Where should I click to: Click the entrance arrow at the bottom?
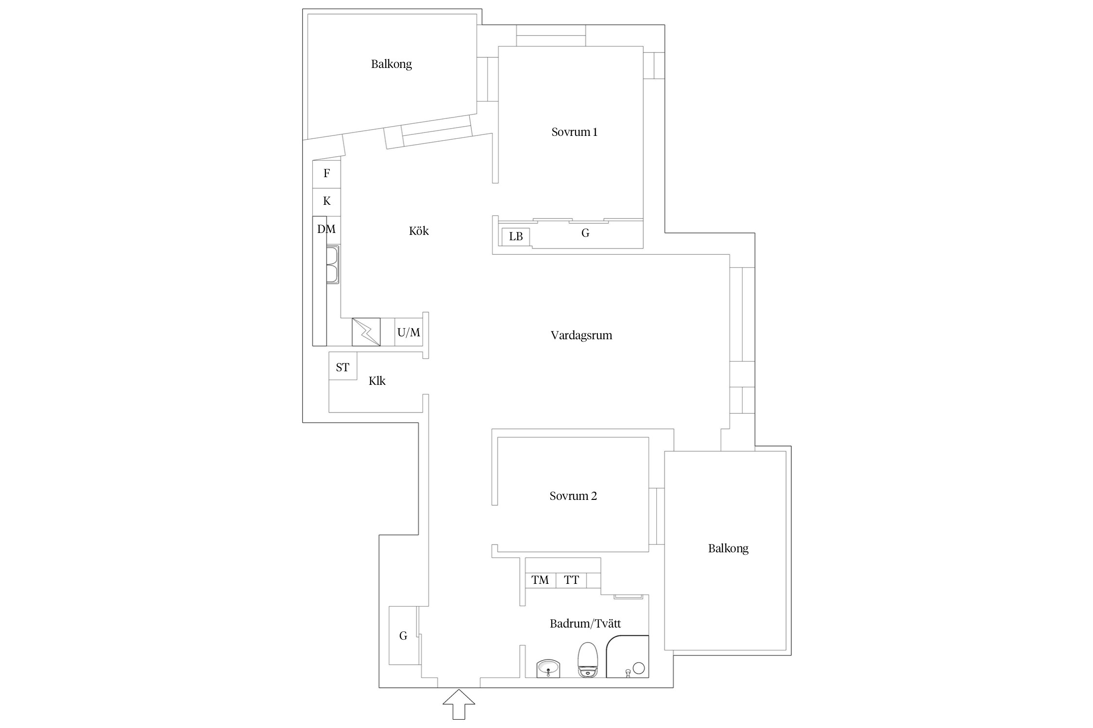coord(459,704)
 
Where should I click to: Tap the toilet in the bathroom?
coord(588,660)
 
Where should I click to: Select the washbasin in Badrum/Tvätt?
coord(548,668)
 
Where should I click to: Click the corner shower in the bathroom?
coord(628,656)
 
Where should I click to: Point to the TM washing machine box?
coord(540,580)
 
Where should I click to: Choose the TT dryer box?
coord(571,580)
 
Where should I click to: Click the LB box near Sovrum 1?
coord(516,236)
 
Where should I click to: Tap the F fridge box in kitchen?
coord(326,174)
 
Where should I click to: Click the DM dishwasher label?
coord(326,229)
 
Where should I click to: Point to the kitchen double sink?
coord(333,265)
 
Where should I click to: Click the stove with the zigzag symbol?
coord(366,332)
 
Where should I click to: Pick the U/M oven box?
coord(409,332)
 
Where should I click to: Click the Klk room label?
coord(377,381)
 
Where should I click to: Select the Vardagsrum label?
coord(581,335)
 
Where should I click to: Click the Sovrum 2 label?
coord(573,496)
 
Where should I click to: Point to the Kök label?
coord(419,231)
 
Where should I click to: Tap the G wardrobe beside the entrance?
coord(404,635)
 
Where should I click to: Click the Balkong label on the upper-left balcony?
coord(392,64)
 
